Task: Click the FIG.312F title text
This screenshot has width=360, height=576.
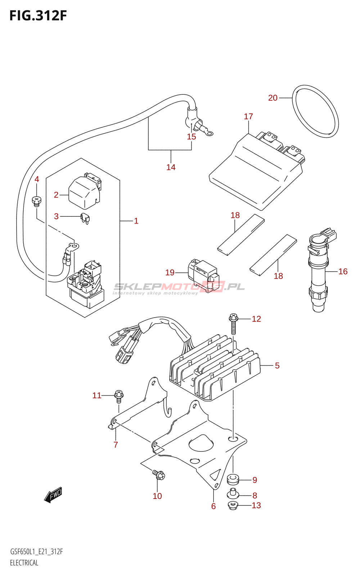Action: pyautogui.click(x=38, y=16)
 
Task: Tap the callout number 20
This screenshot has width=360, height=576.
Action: pyautogui.click(x=273, y=98)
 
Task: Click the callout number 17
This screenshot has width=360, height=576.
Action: pyautogui.click(x=248, y=117)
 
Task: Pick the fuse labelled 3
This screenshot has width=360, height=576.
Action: pyautogui.click(x=85, y=219)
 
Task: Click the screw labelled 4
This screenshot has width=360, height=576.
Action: pyautogui.click(x=36, y=201)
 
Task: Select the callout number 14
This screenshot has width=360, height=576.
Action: pyautogui.click(x=171, y=167)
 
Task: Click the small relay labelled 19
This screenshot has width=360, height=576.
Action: pyautogui.click(x=204, y=276)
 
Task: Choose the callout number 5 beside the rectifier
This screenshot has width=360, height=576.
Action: pyautogui.click(x=277, y=365)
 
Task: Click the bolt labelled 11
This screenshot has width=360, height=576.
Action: pyautogui.click(x=119, y=397)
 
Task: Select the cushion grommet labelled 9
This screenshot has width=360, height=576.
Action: pyautogui.click(x=233, y=479)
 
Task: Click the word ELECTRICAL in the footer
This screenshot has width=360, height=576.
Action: pyautogui.click(x=24, y=563)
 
